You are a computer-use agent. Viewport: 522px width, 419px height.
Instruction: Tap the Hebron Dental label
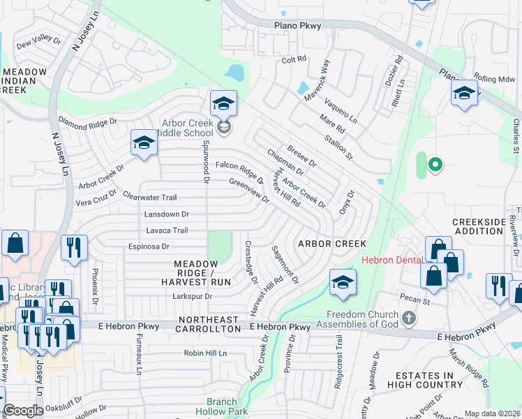391,260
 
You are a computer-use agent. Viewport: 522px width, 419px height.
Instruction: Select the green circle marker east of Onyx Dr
435,165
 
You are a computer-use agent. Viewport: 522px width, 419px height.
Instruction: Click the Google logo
23,411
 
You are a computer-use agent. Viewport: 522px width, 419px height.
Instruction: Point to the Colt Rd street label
294,60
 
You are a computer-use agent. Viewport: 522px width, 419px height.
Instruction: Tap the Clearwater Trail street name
149,198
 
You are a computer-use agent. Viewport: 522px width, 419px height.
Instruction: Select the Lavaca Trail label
166,230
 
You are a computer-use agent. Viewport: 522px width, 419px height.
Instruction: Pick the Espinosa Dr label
148,247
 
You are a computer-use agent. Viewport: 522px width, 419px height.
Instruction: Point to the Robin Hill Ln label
205,353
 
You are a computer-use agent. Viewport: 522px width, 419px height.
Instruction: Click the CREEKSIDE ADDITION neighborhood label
479,226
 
